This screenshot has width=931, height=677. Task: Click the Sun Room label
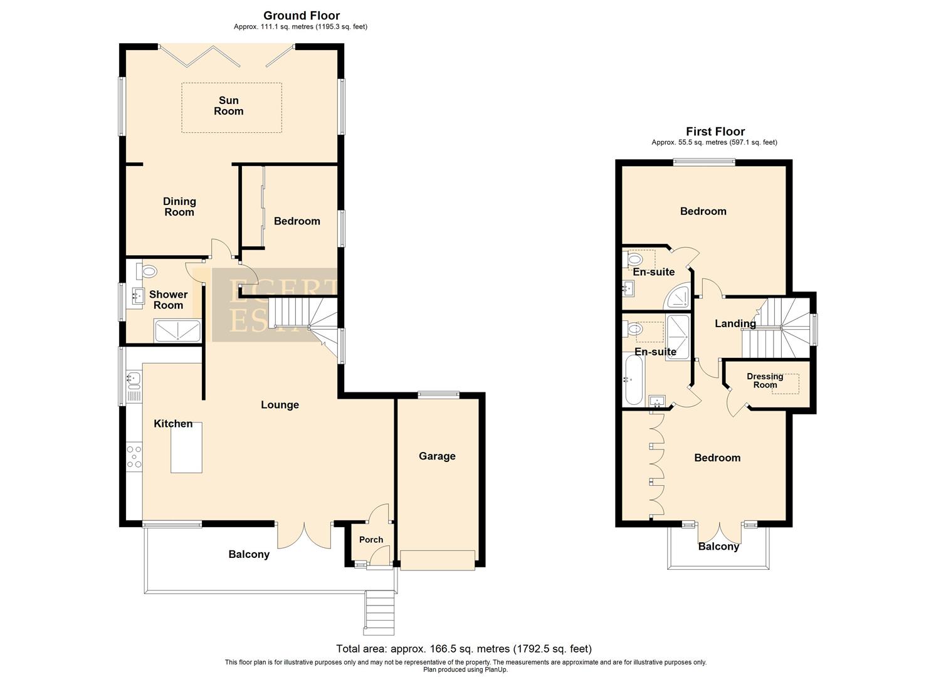click(x=228, y=106)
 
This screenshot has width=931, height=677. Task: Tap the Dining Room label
click(x=179, y=207)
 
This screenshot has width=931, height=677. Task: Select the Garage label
click(x=437, y=456)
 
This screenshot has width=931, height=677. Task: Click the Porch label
click(x=371, y=540)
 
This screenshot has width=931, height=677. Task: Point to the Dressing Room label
click(x=765, y=380)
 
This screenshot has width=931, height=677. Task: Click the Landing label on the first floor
click(x=735, y=324)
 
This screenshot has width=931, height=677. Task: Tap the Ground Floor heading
click(x=302, y=16)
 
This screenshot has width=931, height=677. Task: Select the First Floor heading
click(x=715, y=132)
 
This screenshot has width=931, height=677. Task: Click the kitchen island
click(x=187, y=448)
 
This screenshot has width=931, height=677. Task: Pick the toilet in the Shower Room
click(x=148, y=271)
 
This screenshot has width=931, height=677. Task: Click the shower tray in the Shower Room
click(x=177, y=330)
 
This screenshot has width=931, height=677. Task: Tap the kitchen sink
click(x=134, y=378)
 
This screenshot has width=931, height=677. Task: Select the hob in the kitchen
click(x=134, y=456)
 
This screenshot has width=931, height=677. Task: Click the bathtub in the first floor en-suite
click(x=633, y=379)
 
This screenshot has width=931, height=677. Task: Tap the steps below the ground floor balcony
click(x=379, y=612)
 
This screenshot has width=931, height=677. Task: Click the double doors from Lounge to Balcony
click(x=305, y=535)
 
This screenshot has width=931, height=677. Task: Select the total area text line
click(x=464, y=649)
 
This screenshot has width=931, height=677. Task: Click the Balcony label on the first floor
click(x=718, y=547)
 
